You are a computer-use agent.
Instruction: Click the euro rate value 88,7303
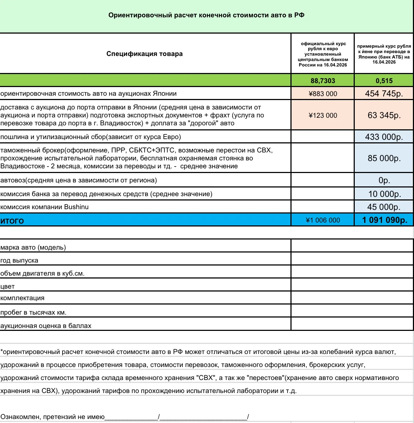[x=323, y=81]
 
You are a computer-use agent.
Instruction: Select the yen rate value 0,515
[x=384, y=81]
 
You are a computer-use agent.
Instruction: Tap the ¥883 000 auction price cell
[x=323, y=94]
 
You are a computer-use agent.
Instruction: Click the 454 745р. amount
[x=384, y=94]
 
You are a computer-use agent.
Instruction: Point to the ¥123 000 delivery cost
[x=323, y=115]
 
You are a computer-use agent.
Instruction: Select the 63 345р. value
[x=384, y=115]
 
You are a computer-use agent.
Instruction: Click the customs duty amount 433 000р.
[x=384, y=137]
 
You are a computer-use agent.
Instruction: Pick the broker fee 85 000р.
[x=384, y=158]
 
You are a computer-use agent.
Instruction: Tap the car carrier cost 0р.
[x=384, y=180]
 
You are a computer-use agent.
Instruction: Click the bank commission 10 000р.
[x=384, y=194]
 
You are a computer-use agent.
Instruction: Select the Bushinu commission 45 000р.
[x=384, y=207]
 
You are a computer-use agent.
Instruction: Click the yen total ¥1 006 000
[x=323, y=220]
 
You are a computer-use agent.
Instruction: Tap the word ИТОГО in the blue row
[x=12, y=221]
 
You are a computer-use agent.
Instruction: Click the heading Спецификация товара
[x=145, y=54]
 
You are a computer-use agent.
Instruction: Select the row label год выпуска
[x=19, y=260]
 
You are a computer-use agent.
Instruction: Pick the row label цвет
[x=8, y=286]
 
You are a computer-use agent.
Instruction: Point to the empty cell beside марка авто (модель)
[x=352, y=246]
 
